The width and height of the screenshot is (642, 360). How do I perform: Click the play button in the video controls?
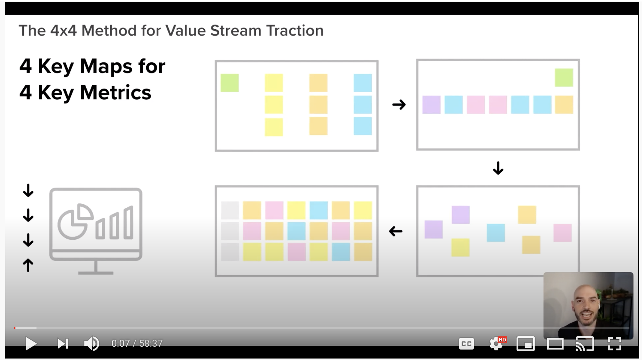[x=31, y=343]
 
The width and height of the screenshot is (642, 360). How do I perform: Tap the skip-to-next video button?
[x=63, y=343]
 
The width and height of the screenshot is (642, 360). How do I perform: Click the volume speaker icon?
[x=91, y=343]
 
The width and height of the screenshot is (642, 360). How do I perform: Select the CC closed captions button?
[x=466, y=344]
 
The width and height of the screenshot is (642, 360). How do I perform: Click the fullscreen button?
[x=615, y=343]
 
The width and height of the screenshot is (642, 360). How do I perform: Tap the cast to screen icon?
[x=585, y=344]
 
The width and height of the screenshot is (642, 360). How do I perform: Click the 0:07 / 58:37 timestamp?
[x=137, y=343]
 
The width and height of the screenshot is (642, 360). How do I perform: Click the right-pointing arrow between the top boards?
[x=399, y=104]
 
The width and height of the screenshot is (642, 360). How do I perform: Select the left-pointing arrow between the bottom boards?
[x=396, y=231]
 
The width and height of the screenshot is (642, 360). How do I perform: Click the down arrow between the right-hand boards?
[x=498, y=168]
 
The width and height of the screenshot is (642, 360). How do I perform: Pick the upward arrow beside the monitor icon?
[x=28, y=265]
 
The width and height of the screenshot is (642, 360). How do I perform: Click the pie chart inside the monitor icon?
[x=76, y=222]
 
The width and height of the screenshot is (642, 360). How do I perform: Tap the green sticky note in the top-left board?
[x=230, y=83]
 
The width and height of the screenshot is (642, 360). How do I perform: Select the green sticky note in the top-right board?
[x=564, y=77]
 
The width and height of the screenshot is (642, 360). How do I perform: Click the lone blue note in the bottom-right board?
[x=496, y=233]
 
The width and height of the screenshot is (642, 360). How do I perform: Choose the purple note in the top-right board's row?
[x=431, y=104]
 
